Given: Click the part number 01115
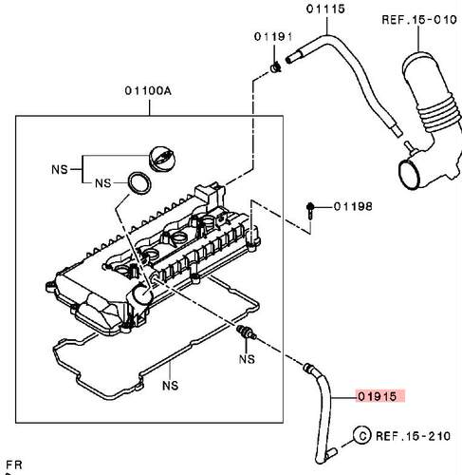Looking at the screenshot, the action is point(325,9).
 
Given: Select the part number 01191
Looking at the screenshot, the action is point(273,37).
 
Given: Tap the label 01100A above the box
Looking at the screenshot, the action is point(148,91).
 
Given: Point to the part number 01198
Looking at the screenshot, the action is point(353,207).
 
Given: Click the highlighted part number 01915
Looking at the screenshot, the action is point(377,396).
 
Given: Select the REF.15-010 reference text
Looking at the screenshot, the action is point(419,20).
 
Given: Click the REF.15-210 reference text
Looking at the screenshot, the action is point(413,436).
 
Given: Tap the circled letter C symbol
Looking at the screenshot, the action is point(362,435).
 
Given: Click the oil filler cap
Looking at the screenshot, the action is point(162,159).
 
